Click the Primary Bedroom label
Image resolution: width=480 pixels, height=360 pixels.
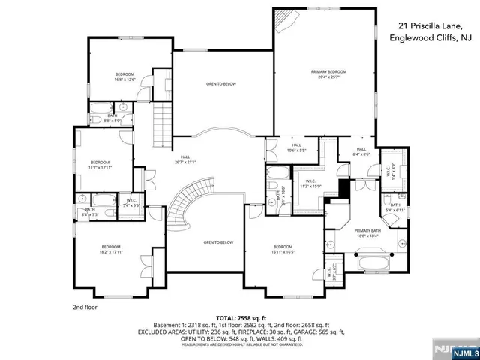328,73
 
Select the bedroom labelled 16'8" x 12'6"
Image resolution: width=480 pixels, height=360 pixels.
124,76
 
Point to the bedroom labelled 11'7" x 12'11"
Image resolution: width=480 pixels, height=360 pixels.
100,165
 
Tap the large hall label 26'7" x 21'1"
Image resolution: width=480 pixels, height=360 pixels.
184,159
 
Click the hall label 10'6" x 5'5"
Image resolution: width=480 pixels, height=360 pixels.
296,148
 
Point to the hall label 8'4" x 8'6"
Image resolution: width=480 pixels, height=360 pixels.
361,151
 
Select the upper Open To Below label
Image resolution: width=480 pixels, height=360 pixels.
221,83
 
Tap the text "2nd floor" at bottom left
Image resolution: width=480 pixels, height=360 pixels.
86,307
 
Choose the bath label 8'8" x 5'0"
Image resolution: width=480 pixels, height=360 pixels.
112,118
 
